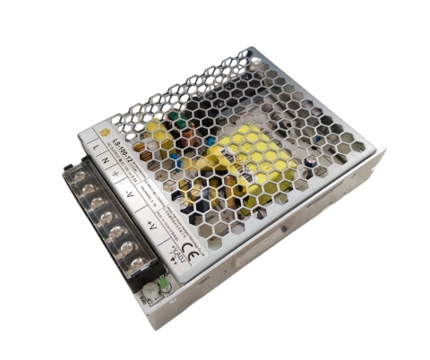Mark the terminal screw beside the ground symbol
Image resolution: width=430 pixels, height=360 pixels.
click(97, 204)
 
